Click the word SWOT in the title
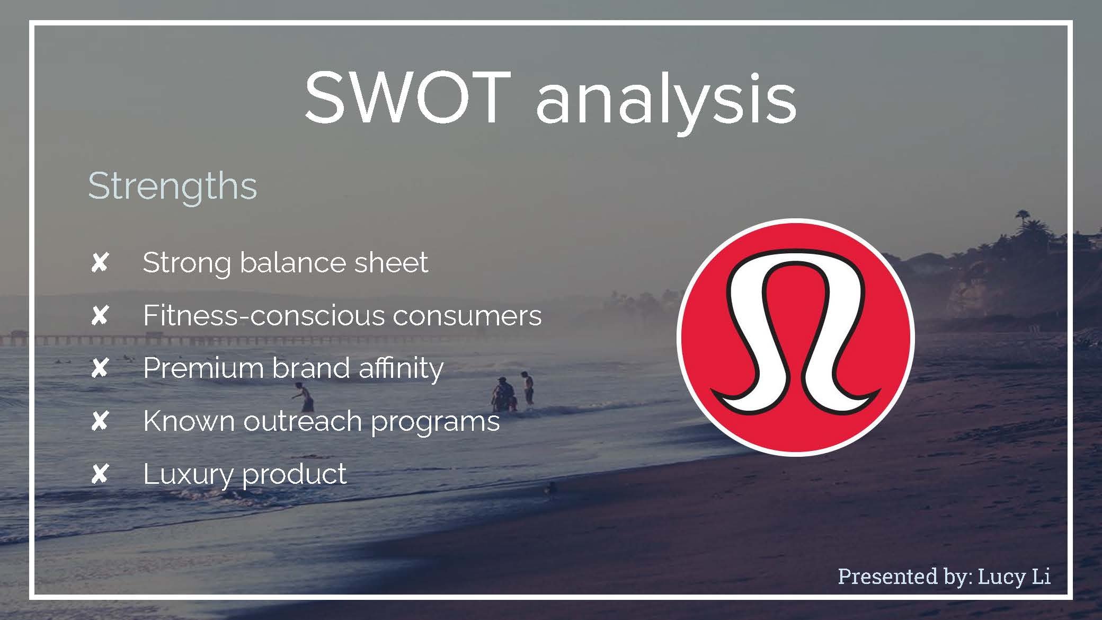pyautogui.click(x=407, y=98)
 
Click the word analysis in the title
pyautogui.click(x=666, y=101)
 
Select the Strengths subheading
pyautogui.click(x=172, y=187)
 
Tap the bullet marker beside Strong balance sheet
pyautogui.click(x=100, y=262)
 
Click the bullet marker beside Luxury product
pyautogui.click(x=100, y=474)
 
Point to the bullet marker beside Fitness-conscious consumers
pyautogui.click(x=100, y=316)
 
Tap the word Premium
pyautogui.click(x=203, y=368)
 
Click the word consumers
pyautogui.click(x=467, y=316)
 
